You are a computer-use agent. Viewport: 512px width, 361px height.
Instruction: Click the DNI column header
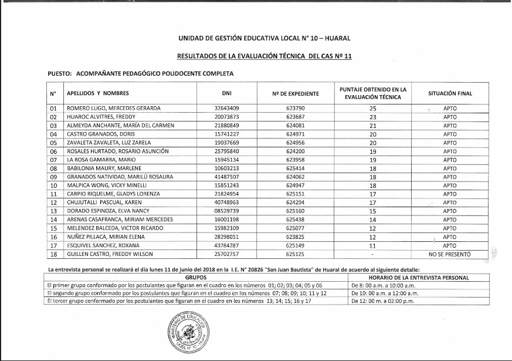(226, 93)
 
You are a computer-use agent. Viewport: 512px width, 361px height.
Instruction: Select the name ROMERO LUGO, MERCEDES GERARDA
(114, 109)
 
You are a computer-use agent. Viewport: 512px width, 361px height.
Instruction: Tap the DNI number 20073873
(226, 117)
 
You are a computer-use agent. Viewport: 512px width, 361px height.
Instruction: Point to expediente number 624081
(296, 126)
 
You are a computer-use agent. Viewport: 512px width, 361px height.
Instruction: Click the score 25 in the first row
(372, 109)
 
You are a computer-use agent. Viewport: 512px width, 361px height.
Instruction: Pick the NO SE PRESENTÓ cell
(450, 254)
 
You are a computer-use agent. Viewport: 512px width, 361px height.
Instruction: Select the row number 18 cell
(53, 254)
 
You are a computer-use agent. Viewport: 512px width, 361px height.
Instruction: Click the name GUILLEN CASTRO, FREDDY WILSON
(110, 254)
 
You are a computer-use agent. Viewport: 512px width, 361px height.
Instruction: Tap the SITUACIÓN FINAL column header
(450, 93)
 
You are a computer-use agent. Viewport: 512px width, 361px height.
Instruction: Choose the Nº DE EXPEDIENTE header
(296, 93)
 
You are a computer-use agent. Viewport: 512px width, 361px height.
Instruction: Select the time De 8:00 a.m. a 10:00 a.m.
(384, 285)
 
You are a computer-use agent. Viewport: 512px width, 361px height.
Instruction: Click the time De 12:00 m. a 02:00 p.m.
(384, 301)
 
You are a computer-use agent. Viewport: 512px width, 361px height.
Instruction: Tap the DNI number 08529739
(226, 211)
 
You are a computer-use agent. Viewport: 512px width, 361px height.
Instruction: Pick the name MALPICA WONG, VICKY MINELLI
(107, 185)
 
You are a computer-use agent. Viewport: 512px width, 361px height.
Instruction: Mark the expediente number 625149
(296, 245)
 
